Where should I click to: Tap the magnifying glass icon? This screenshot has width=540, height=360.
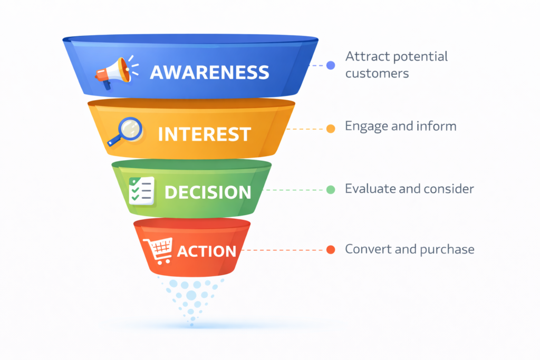click(x=126, y=131)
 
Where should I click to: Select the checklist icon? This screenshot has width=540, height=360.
click(x=142, y=191)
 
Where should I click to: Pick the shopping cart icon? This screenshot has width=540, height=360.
click(x=159, y=250)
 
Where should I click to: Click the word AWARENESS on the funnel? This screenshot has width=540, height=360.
click(x=209, y=73)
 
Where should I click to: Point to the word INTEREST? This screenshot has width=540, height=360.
click(x=205, y=134)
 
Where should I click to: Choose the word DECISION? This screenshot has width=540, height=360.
click(x=208, y=192)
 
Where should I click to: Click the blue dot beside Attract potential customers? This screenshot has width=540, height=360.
click(x=331, y=65)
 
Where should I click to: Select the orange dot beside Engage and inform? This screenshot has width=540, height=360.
click(x=331, y=128)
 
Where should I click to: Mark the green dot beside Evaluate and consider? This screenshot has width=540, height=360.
click(x=331, y=190)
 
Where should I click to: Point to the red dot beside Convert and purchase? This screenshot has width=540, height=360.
click(x=331, y=250)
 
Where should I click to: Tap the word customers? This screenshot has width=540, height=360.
click(x=377, y=73)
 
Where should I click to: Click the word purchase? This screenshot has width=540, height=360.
click(x=447, y=249)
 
